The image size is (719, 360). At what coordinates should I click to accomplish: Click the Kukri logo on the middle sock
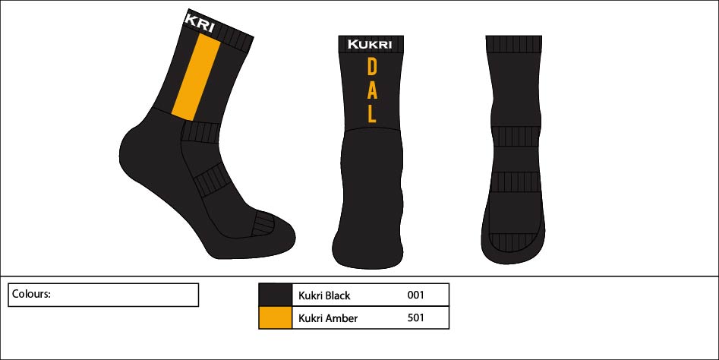(369, 44)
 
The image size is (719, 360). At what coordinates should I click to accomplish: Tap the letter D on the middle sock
(372, 68)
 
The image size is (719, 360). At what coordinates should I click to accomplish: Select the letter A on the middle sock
(372, 90)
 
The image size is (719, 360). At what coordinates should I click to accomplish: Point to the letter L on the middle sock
(372, 113)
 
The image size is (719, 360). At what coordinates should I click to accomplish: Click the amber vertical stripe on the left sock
(196, 76)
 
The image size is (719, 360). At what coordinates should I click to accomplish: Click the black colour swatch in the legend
(275, 295)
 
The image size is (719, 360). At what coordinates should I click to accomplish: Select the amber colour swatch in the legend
(275, 317)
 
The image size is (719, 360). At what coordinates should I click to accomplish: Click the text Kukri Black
(324, 295)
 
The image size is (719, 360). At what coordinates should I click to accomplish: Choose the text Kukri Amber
(328, 318)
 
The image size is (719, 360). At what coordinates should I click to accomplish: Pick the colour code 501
(415, 318)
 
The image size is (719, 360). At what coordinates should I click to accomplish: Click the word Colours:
(31, 294)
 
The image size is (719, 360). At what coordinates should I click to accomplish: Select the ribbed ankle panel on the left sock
(200, 132)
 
